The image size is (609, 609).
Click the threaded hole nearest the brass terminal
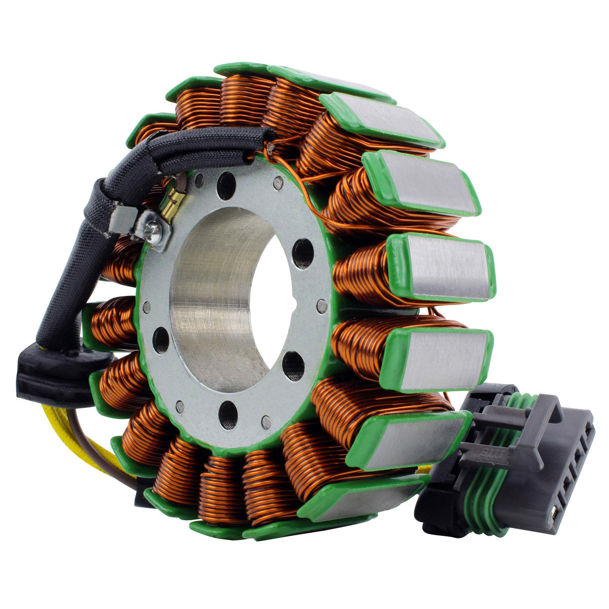(226, 186)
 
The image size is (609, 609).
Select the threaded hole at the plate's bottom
(228, 413)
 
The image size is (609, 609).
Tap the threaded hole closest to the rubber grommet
(161, 340)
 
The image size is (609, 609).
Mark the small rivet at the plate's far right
(321, 306)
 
